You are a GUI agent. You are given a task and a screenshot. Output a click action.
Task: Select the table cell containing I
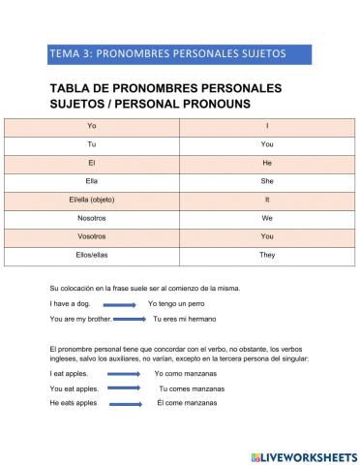pyautogui.click(x=267, y=127)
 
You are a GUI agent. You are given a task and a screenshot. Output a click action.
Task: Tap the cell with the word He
pyautogui.click(x=267, y=163)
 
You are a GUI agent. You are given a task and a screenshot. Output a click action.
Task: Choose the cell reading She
pyautogui.click(x=267, y=181)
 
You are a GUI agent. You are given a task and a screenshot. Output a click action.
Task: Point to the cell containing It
pyautogui.click(x=267, y=200)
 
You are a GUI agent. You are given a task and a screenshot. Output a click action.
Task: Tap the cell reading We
pyautogui.click(x=267, y=218)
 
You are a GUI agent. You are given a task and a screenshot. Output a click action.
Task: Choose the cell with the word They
pyautogui.click(x=267, y=255)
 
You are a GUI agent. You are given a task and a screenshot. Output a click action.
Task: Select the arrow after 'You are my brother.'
pyautogui.click(x=126, y=319)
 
